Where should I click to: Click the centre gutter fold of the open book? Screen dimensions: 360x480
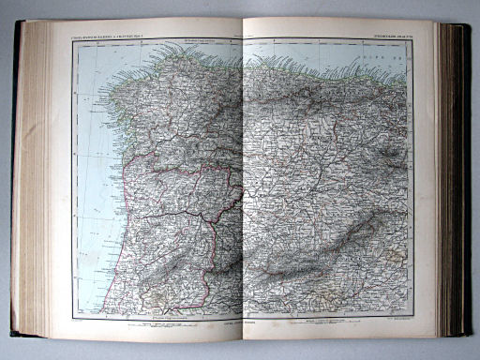click(x=242, y=187)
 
